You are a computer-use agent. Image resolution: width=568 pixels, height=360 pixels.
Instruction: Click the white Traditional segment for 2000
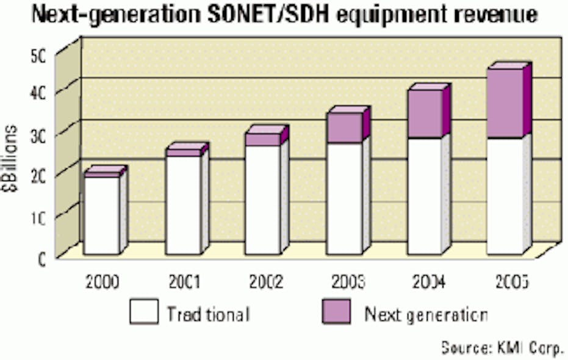101,215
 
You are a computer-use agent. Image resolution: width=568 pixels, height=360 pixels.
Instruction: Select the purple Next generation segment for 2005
505,103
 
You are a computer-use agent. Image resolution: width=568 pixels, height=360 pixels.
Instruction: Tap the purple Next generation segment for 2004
425,113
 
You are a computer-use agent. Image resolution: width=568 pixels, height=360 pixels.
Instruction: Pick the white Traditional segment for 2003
343,198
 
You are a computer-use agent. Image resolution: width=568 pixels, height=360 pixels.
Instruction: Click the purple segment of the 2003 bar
343,128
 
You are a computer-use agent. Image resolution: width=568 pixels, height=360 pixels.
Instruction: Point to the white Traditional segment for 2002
262,200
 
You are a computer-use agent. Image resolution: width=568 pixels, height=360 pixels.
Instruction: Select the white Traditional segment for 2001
183,205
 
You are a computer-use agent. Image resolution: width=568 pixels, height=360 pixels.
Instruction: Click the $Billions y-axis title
13,157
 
